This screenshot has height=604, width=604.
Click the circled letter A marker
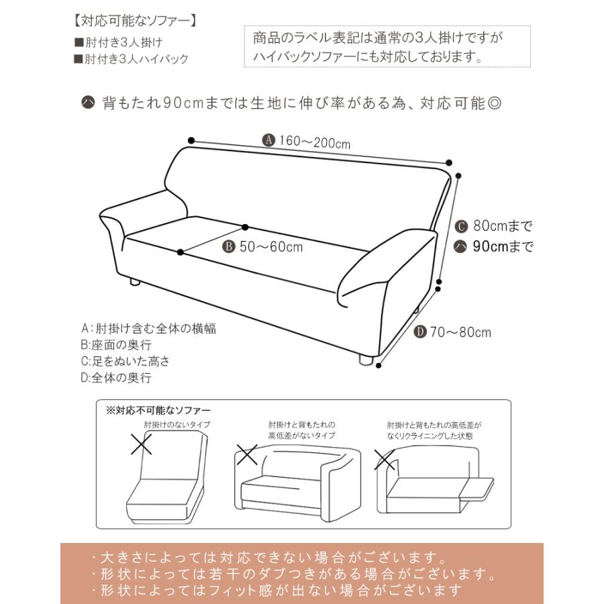pyautogui.click(x=268, y=140)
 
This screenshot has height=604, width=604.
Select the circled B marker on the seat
pyautogui.click(x=228, y=247)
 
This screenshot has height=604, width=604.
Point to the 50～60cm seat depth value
pyautogui.click(x=270, y=247)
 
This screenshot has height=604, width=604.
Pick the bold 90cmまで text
pyautogui.click(x=503, y=246)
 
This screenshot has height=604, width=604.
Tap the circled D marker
pyautogui.click(x=421, y=332)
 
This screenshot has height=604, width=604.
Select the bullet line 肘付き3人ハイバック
pyautogui.click(x=132, y=59)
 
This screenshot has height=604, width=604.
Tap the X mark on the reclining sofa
pyautogui.click(x=385, y=460)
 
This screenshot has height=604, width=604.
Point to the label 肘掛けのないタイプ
pyautogui.click(x=177, y=425)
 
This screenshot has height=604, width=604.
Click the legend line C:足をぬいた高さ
pyautogui.click(x=125, y=361)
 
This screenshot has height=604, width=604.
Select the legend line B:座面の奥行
pyautogui.click(x=115, y=345)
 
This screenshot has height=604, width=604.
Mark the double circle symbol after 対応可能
pyautogui.click(x=491, y=104)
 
